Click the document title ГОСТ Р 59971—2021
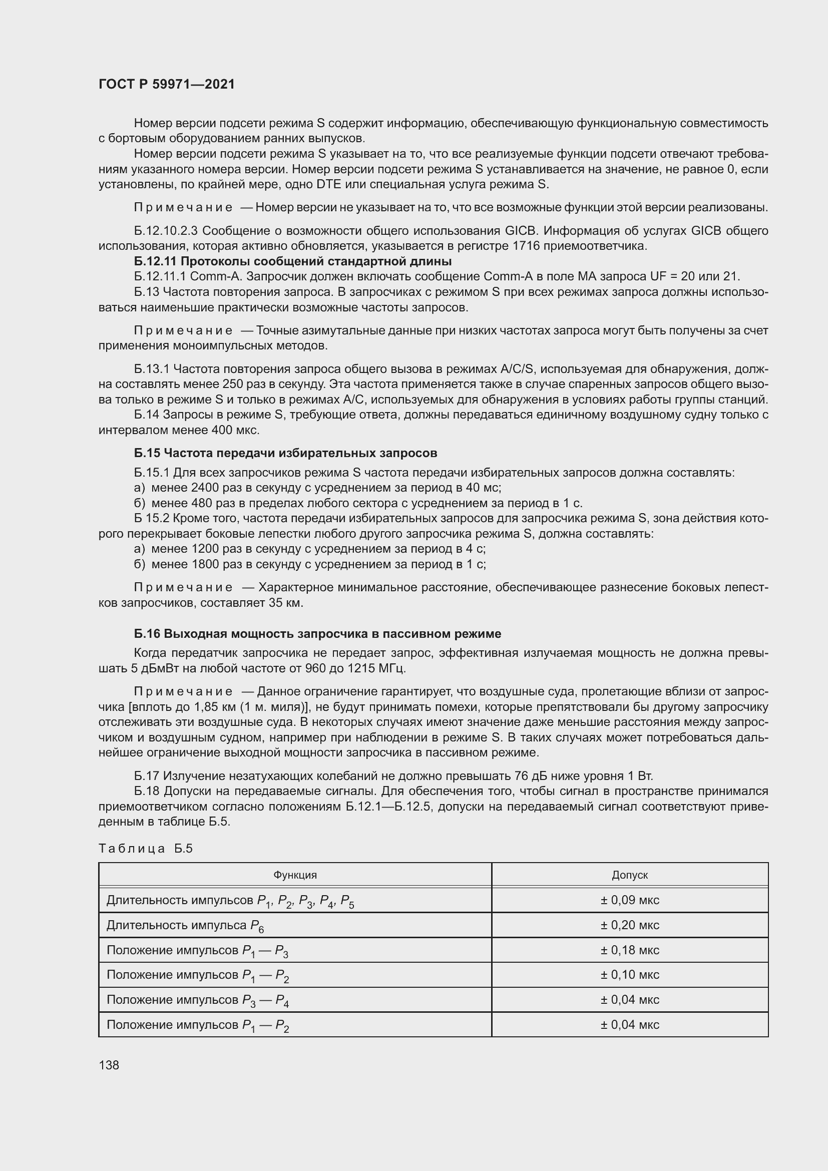[167, 84]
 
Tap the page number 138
[109, 1065]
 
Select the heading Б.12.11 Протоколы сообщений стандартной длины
[293, 262]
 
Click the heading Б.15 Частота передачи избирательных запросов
[285, 453]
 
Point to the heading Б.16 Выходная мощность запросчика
[317, 634]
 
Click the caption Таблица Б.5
[145, 849]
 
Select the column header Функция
[295, 875]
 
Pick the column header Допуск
[629, 875]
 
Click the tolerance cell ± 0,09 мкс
[629, 900]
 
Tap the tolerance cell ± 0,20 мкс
[629, 925]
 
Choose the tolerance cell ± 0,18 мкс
[629, 950]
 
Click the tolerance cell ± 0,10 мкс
[629, 975]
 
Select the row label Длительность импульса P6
[185, 926]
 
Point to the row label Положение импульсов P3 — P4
[197, 1000]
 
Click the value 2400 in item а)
[205, 488]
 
